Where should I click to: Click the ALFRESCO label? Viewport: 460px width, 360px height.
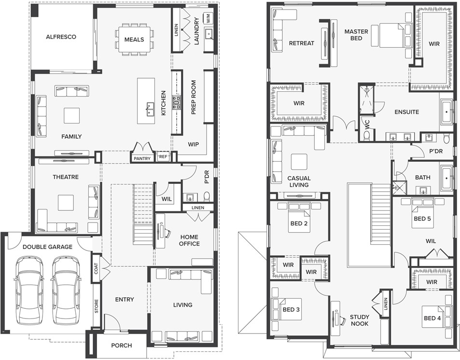[x=61, y=37]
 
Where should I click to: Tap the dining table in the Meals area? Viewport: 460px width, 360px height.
[x=134, y=39]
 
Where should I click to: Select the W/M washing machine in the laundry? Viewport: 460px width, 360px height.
[x=208, y=18]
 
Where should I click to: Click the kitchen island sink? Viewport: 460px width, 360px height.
[x=150, y=109]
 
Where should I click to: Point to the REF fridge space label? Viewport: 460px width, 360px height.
[x=163, y=157]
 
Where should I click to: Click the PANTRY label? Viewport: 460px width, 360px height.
[x=142, y=158]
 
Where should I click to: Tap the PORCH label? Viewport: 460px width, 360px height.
[x=122, y=346]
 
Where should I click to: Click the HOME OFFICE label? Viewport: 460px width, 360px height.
[x=189, y=240]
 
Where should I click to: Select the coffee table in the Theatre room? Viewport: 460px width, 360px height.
[x=66, y=203]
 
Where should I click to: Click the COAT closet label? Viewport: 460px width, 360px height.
[x=96, y=268]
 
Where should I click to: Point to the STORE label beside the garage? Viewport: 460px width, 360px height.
[x=96, y=306]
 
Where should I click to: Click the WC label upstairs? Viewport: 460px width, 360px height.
[x=367, y=124]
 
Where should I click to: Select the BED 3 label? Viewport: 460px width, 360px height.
[x=291, y=309]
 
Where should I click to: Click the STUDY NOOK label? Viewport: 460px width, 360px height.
[x=360, y=320]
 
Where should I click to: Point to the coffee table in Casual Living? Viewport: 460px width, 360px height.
[x=299, y=162]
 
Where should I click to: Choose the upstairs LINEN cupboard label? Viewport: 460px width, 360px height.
[x=386, y=304]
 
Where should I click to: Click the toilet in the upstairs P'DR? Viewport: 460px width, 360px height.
[x=446, y=138]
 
